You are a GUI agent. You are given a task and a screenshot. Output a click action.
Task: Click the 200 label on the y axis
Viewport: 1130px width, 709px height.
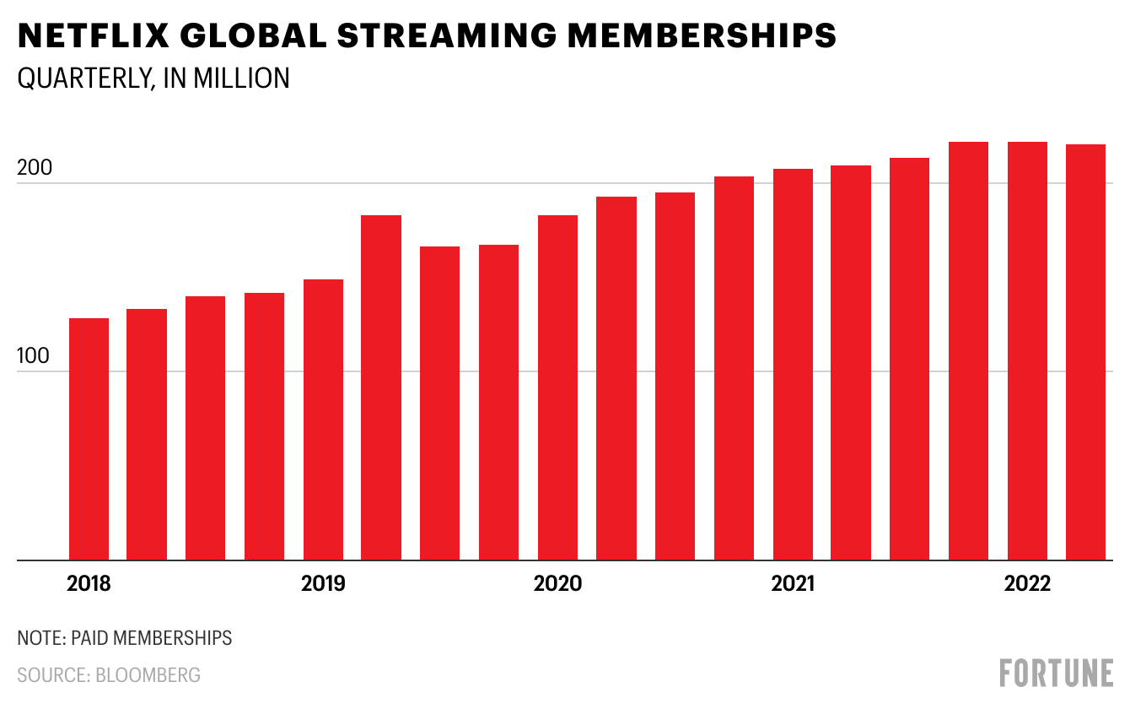(35, 167)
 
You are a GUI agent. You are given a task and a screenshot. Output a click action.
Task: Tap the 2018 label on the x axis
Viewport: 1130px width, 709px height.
(89, 584)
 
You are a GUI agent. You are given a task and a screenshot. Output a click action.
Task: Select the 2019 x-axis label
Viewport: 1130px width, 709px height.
(323, 584)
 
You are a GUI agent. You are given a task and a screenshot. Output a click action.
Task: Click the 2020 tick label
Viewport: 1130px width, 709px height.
(557, 584)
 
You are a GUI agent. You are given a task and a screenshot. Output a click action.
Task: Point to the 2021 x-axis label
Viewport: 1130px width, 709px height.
(793, 584)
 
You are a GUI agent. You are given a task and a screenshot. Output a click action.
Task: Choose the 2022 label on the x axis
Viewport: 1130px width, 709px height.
(1027, 584)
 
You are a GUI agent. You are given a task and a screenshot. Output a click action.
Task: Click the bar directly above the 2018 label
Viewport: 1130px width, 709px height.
(89, 439)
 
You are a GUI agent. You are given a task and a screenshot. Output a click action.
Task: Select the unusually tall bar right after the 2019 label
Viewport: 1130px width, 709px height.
(381, 387)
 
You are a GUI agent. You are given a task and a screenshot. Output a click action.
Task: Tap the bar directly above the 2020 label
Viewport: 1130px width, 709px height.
(557, 387)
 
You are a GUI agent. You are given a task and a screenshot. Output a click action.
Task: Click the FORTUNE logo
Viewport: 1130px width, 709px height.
(1056, 674)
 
